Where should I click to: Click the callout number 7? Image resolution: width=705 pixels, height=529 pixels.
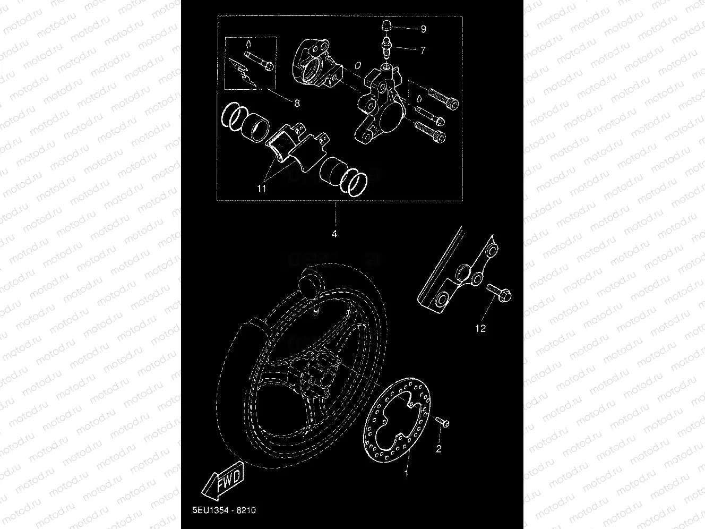pyautogui.click(x=423, y=50)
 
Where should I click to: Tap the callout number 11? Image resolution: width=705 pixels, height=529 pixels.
pyautogui.click(x=262, y=188)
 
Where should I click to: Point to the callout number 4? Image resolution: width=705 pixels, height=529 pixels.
pyautogui.click(x=334, y=233)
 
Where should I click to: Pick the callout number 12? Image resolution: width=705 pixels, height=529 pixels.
pyautogui.click(x=480, y=329)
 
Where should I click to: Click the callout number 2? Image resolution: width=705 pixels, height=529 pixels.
pyautogui.click(x=439, y=449)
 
